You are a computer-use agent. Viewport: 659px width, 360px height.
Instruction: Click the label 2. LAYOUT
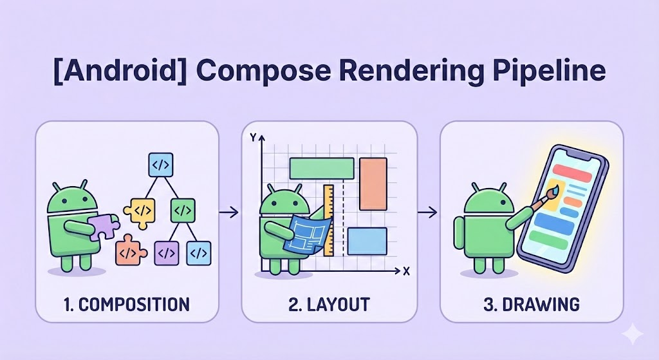click(329, 303)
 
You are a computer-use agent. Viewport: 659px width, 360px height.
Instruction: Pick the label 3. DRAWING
click(531, 303)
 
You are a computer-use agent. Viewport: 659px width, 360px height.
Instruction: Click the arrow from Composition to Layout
click(229, 211)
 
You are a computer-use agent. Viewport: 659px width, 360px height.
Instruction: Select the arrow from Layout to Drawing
click(429, 211)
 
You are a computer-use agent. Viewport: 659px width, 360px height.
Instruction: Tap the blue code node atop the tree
click(159, 165)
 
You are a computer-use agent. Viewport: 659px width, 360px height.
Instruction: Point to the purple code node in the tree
click(166, 252)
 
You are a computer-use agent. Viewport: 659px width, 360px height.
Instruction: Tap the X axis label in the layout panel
click(406, 271)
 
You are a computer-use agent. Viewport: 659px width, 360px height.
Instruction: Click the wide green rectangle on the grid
click(322, 167)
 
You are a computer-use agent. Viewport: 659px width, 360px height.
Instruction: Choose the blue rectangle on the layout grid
click(366, 240)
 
